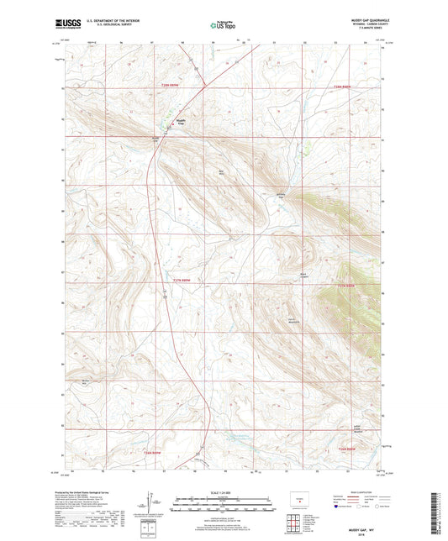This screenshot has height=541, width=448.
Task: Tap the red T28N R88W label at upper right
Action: (341, 86)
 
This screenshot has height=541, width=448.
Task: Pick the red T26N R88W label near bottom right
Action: (346, 450)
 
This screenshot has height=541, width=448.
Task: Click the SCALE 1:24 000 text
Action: (224, 491)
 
